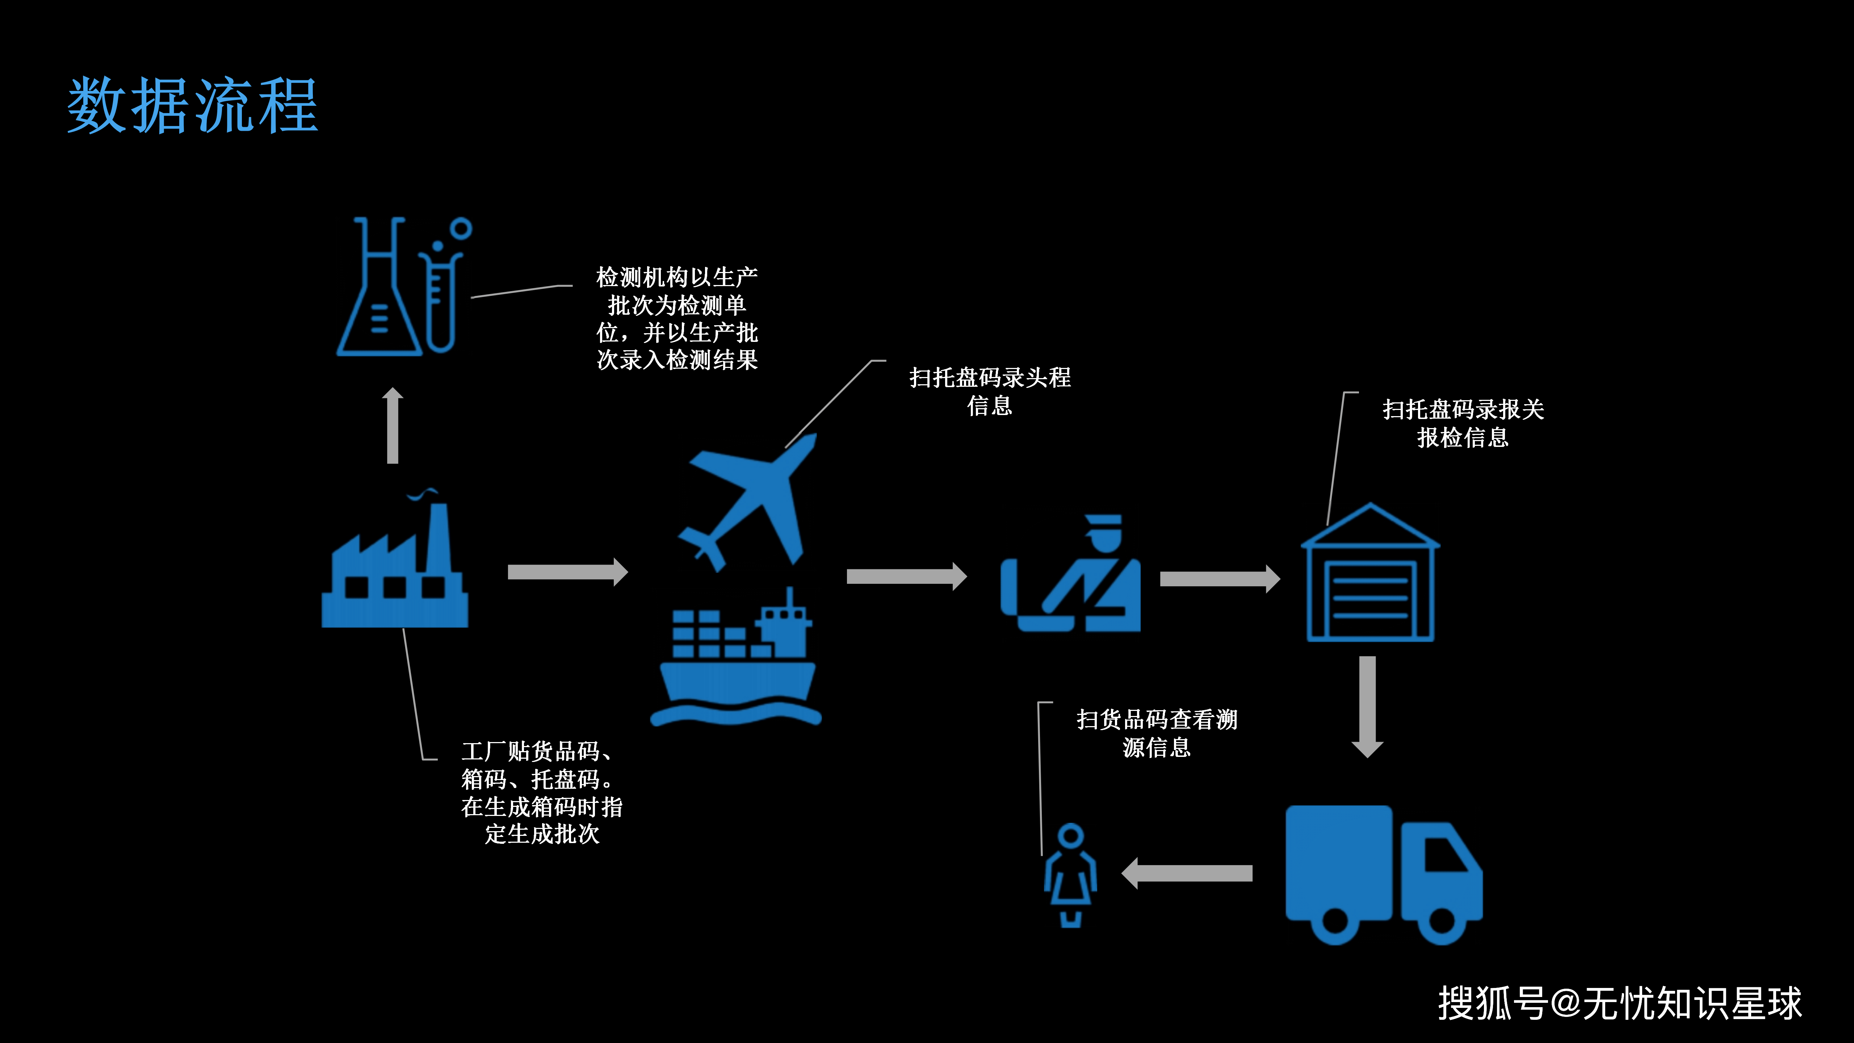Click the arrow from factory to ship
click(567, 572)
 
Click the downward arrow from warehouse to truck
click(1367, 705)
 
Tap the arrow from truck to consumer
click(1188, 873)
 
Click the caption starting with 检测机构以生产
click(676, 318)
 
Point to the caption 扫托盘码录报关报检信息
click(1463, 423)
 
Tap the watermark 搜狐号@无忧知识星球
click(1619, 1003)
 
